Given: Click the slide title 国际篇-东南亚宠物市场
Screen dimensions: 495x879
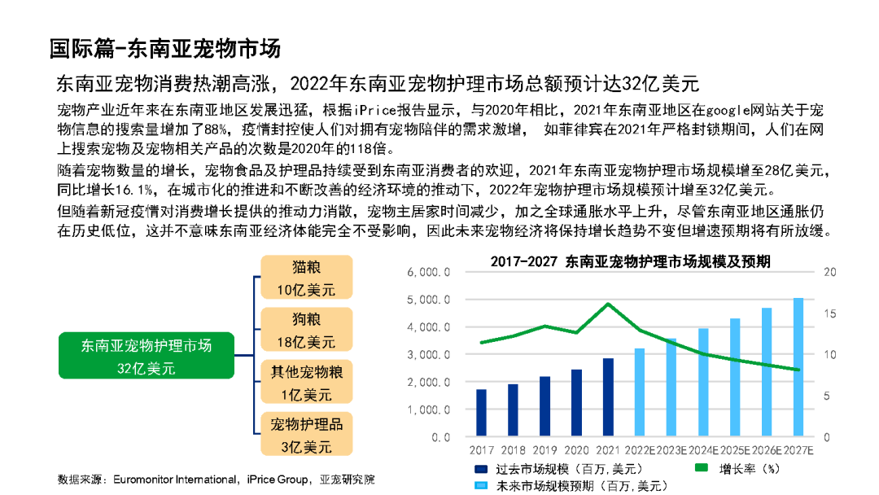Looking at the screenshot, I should [x=164, y=48].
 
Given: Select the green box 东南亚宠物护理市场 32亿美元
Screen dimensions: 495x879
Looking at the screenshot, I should [x=146, y=357].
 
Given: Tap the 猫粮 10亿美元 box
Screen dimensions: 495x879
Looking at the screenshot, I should [x=306, y=278].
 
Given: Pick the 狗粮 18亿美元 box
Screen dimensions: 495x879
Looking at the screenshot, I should [x=306, y=329].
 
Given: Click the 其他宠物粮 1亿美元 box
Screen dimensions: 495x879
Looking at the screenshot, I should [x=306, y=383].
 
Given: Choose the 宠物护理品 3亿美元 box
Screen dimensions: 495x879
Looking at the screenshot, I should [x=306, y=435].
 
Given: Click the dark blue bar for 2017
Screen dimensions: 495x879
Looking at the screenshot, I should [x=482, y=414].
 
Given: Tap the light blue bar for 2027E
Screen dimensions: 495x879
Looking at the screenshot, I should [x=798, y=367].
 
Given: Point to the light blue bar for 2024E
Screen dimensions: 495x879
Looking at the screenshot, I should [x=703, y=383].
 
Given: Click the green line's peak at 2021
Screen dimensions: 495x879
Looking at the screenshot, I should [x=608, y=304].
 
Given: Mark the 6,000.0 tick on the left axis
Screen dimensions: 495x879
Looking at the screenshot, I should [x=428, y=273].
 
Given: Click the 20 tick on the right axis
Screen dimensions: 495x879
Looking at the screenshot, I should [x=830, y=273].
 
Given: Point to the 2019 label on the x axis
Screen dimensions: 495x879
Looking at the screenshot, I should [x=544, y=450].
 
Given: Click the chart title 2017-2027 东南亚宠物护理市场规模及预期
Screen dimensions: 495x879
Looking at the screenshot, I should [x=631, y=261].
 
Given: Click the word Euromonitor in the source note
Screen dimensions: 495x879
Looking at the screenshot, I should [x=143, y=479].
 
